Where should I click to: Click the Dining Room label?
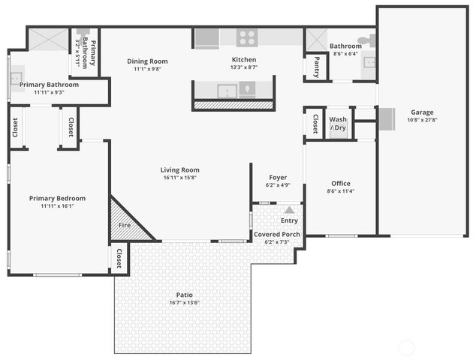coord(147,61)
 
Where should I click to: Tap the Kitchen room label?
coord(243,59)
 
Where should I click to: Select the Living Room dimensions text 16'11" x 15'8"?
coord(179,178)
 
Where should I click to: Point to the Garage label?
coord(421,112)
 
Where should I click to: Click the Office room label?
coord(340,184)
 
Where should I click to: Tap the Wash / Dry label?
coord(338,123)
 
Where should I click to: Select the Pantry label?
coord(316,66)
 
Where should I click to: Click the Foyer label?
coord(277,177)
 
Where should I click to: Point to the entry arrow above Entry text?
coord(289,210)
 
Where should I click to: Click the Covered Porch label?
coord(276,235)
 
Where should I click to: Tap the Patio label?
coord(184,295)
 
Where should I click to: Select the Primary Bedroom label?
coord(57,199)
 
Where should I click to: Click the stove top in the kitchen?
coord(246,37)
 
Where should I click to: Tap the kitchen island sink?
coord(227,91)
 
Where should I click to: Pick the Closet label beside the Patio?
coord(119,259)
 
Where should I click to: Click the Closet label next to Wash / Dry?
coord(315,122)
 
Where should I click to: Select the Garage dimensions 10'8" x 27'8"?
coord(421,120)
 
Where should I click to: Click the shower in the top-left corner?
coord(49,39)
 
